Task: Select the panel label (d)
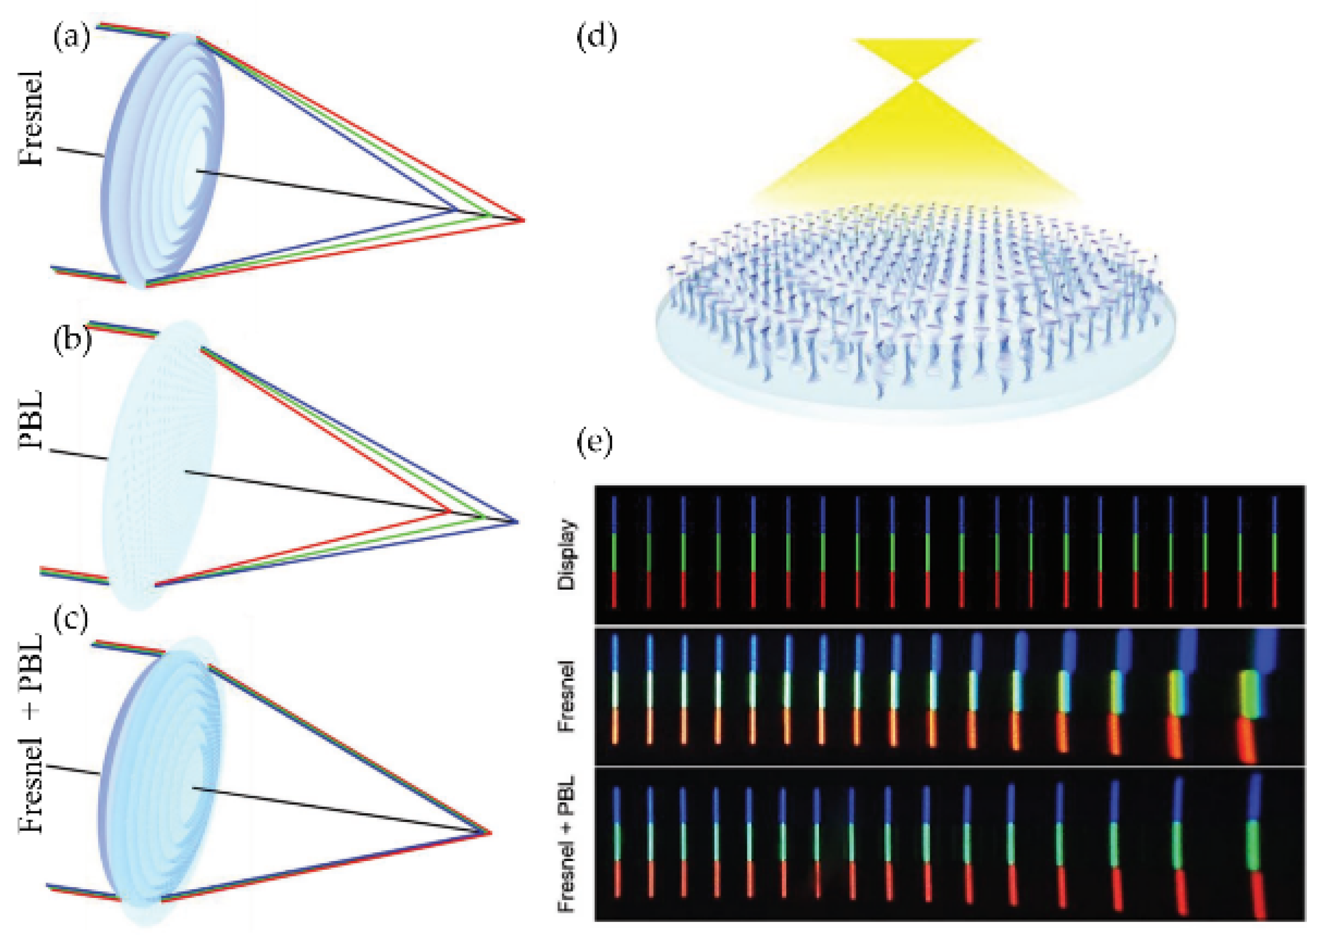point(597,37)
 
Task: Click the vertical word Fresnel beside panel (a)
point(32,119)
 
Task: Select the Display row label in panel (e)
point(568,555)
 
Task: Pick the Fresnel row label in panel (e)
point(568,696)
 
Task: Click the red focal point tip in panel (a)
point(523,220)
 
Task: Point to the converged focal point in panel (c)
point(489,833)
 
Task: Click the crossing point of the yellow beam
point(915,81)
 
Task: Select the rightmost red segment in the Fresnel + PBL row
point(1272,899)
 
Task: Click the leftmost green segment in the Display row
point(614,553)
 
